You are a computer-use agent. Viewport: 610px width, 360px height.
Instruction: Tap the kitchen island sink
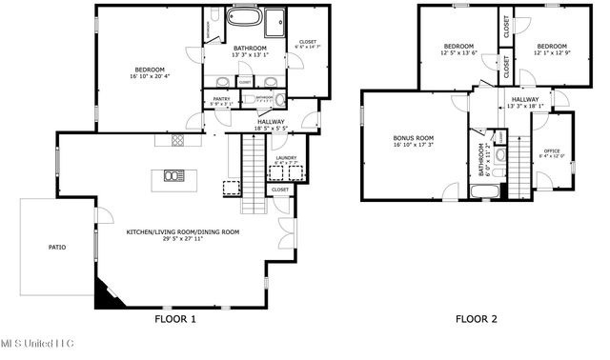click(x=174, y=174)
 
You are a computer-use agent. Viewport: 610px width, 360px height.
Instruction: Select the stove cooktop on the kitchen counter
click(x=176, y=142)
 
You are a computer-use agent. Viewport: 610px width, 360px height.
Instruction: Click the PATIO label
click(x=57, y=247)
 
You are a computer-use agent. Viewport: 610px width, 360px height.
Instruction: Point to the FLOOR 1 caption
click(x=174, y=319)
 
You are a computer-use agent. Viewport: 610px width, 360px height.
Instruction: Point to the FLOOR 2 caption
click(x=476, y=319)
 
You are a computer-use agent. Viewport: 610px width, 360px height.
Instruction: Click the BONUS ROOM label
click(x=413, y=138)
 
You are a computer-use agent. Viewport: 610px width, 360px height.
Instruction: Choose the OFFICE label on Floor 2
click(x=552, y=150)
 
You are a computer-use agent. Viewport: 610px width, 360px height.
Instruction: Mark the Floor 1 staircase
click(x=253, y=171)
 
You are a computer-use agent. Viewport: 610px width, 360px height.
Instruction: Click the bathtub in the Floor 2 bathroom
click(x=483, y=191)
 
